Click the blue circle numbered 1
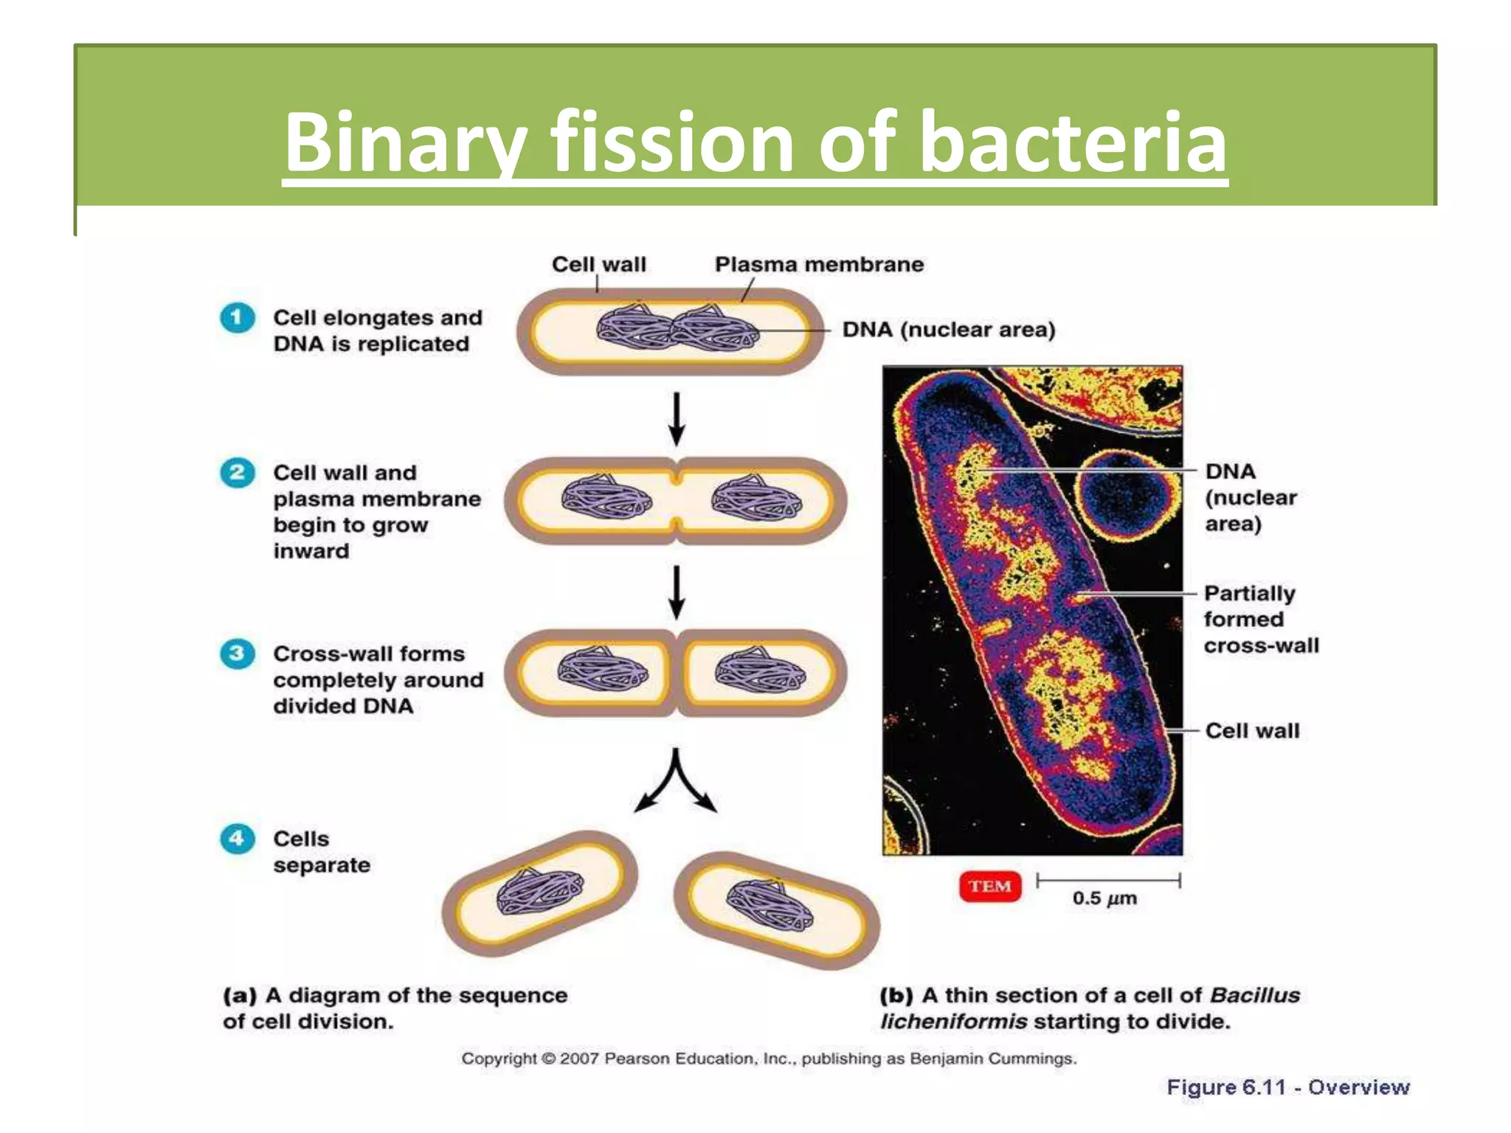[x=237, y=318]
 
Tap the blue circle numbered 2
[x=237, y=472]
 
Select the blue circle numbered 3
[x=237, y=654]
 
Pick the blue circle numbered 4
[x=237, y=839]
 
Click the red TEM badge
[x=990, y=886]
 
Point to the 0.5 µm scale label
[x=1104, y=898]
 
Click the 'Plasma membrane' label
[x=819, y=264]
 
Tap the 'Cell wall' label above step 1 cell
[x=598, y=264]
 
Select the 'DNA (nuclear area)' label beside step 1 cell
[x=949, y=329]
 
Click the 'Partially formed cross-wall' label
[x=1260, y=619]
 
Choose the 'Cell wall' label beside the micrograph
[x=1252, y=730]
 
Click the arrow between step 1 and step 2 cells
[x=676, y=419]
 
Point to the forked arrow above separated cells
[x=675, y=782]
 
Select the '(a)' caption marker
[x=240, y=995]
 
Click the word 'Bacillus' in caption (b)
[x=1255, y=995]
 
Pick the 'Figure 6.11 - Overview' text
[x=1287, y=1087]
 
